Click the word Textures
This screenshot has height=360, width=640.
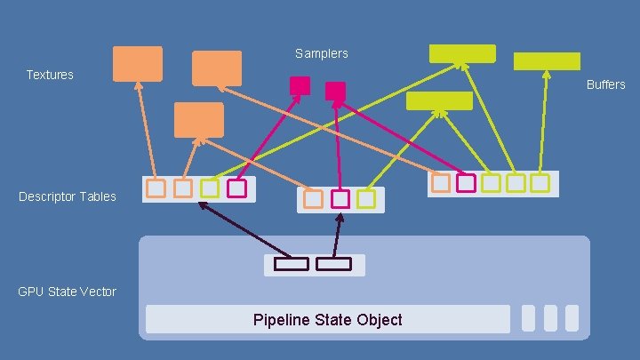50,75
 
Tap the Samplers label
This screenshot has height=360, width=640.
322,54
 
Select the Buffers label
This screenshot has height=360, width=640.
605,84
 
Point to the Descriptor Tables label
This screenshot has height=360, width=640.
68,196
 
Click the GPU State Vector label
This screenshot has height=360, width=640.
68,292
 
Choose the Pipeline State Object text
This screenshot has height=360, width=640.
327,320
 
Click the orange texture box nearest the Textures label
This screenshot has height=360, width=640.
138,64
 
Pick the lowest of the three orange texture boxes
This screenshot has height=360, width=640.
199,120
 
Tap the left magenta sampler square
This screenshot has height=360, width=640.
300,85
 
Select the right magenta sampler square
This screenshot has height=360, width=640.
335,91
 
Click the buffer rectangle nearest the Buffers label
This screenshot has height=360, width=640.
547,61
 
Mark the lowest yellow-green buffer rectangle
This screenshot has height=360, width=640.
439,100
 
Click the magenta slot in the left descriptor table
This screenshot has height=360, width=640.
236,188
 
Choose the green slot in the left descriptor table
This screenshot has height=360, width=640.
210,188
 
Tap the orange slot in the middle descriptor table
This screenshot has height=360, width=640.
313,199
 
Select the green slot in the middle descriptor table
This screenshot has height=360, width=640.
366,199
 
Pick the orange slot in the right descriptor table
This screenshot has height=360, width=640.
441,183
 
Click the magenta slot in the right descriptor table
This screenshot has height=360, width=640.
466,183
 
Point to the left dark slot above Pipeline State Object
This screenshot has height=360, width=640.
291,264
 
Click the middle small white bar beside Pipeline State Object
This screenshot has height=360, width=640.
550,318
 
